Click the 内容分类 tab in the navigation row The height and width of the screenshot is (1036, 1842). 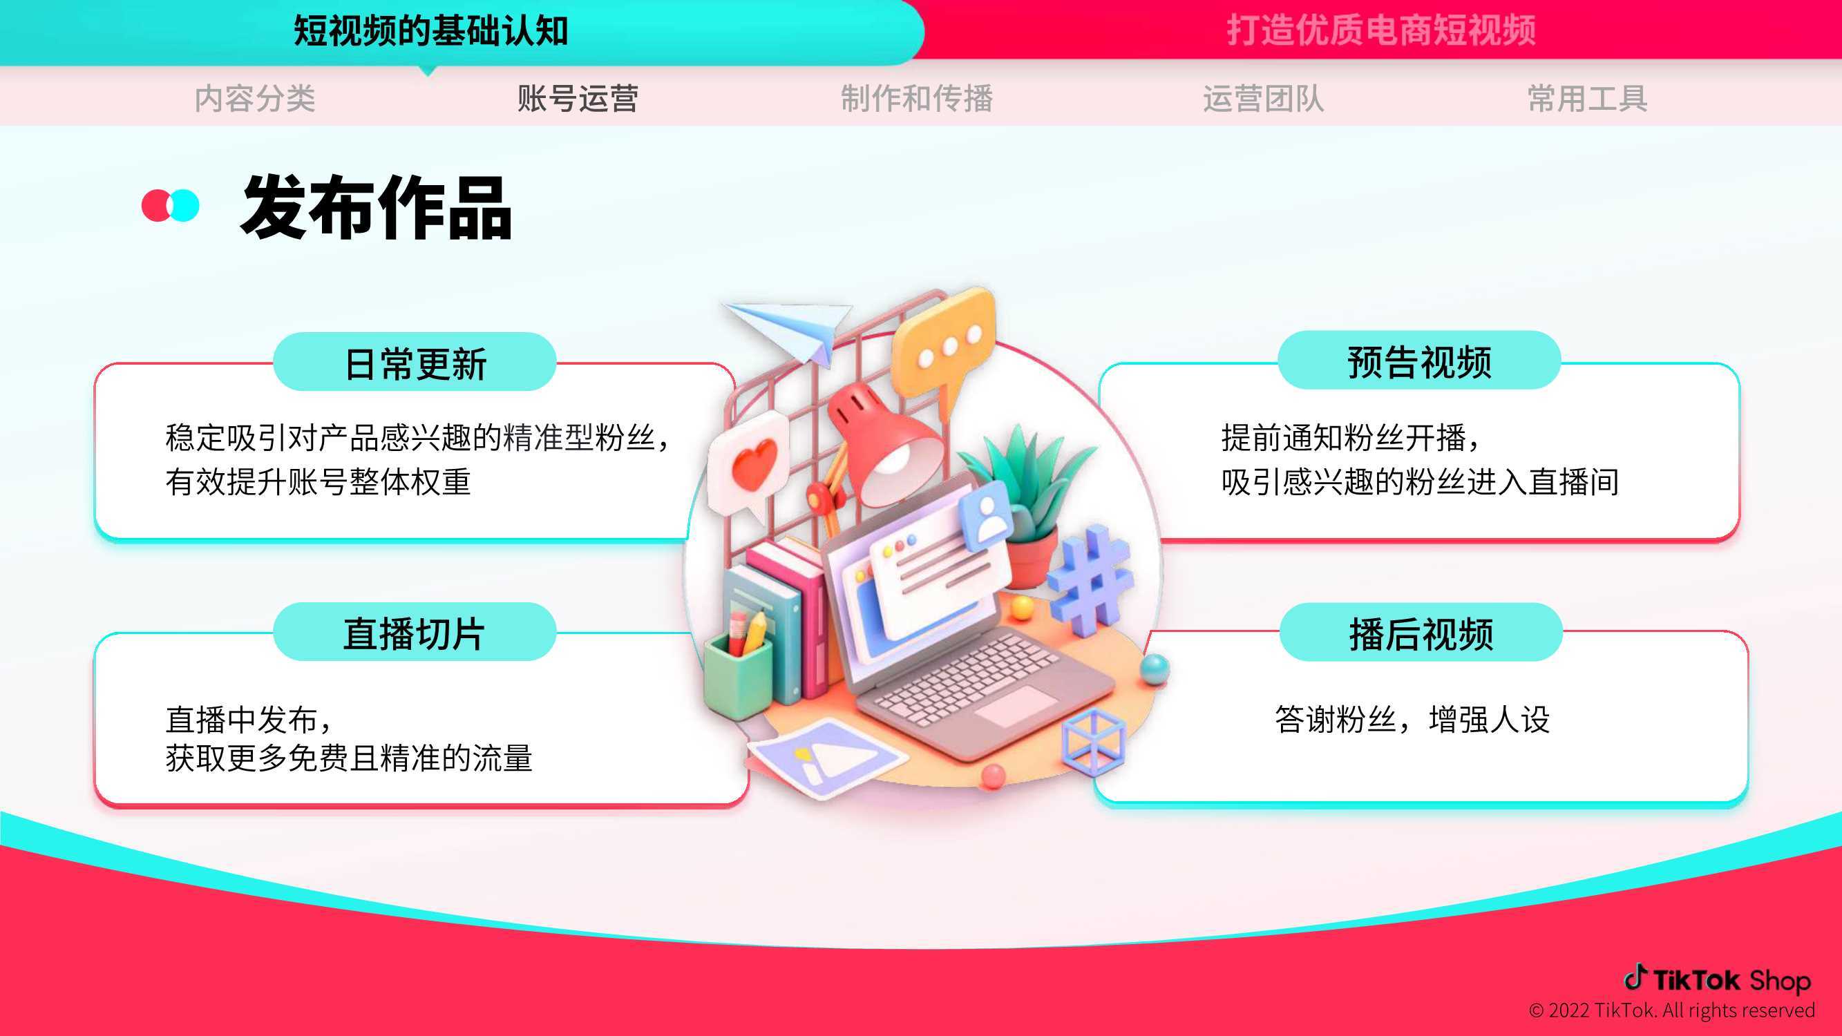coord(255,98)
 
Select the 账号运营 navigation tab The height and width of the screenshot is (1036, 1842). coord(578,98)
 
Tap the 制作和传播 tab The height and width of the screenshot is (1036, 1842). coord(917,98)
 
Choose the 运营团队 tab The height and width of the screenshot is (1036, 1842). coord(1264,98)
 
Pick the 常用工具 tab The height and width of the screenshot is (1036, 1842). coord(1588,98)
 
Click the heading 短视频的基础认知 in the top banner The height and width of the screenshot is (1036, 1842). coord(431,31)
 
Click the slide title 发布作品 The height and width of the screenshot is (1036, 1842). coord(377,207)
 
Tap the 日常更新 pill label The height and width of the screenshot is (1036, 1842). coord(415,363)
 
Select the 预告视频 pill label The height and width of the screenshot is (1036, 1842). coord(1419,361)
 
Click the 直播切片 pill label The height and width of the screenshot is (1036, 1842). coord(415,632)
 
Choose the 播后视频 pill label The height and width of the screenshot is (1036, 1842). coord(1421,633)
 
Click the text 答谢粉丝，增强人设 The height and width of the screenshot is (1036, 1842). coord(1412,719)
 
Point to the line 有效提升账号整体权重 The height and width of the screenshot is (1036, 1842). coord(319,481)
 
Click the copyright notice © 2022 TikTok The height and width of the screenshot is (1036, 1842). coord(1672,1010)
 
